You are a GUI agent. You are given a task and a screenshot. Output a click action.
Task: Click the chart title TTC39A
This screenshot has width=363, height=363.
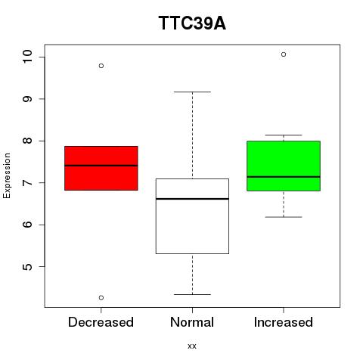[x=192, y=23]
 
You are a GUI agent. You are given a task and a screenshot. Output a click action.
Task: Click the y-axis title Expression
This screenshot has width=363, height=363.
[x=7, y=175]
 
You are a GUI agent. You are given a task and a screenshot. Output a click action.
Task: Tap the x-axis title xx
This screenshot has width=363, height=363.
[x=192, y=346]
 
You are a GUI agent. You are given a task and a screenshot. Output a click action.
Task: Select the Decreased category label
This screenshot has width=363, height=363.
[x=101, y=322]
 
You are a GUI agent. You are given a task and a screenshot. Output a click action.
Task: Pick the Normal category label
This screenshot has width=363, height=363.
[x=192, y=322]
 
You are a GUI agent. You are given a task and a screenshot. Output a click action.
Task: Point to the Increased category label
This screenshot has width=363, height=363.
[x=284, y=322]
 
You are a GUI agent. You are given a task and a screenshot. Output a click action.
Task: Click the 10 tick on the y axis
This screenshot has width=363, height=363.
[x=27, y=57]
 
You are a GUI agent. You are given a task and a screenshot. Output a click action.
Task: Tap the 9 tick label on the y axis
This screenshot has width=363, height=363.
[x=27, y=98]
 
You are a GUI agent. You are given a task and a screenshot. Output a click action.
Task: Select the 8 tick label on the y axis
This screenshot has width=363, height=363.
[x=27, y=141]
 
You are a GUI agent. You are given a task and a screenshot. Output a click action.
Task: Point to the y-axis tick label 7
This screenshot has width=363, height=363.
[x=27, y=182]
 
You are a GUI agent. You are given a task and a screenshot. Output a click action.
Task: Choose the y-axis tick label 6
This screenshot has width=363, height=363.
[x=27, y=225]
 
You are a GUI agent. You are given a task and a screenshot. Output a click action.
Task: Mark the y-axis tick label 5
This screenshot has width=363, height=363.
[x=27, y=266]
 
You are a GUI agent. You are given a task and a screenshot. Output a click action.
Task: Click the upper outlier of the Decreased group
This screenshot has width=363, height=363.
[x=101, y=66]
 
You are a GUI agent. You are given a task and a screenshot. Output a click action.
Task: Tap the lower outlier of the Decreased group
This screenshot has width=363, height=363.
[x=101, y=298]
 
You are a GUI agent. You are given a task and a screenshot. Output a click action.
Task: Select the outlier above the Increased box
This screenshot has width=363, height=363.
[x=284, y=54]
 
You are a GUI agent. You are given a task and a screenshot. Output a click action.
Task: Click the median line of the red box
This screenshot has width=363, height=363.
[x=101, y=166]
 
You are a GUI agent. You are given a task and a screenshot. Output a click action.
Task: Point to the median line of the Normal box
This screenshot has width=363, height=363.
[x=192, y=199]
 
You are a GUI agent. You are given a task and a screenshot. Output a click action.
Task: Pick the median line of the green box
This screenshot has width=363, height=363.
[x=284, y=177]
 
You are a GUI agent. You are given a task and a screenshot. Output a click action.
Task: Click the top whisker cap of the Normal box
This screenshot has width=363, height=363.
[x=192, y=92]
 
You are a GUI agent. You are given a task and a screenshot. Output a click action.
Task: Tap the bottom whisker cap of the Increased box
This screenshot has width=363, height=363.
[x=284, y=217]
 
